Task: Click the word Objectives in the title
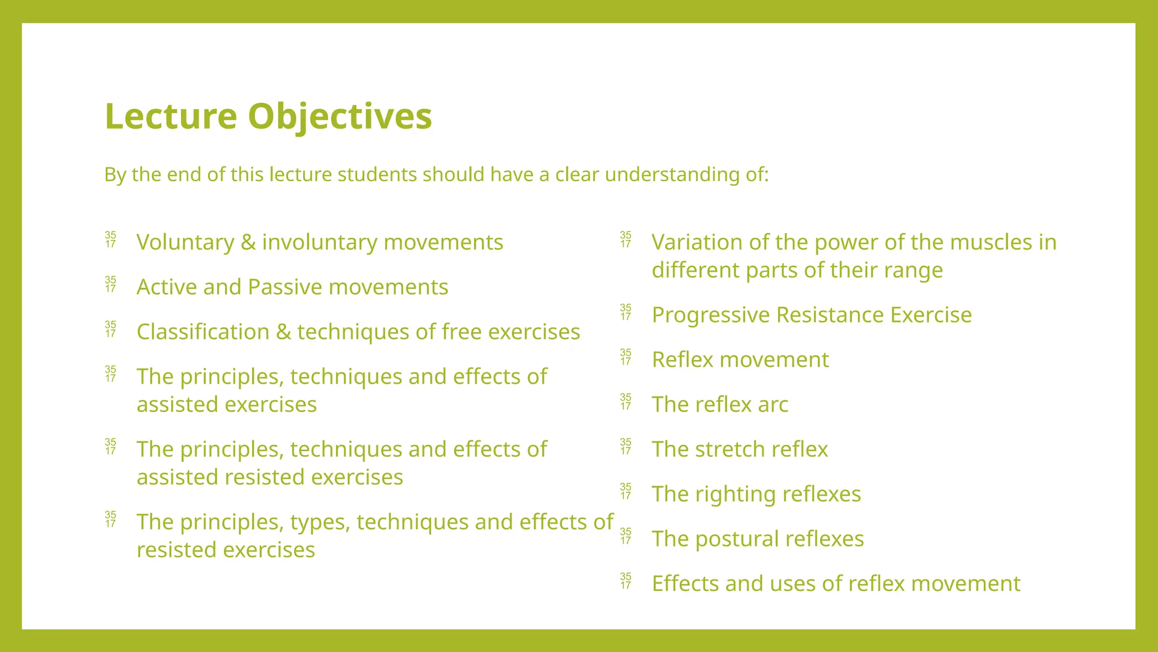339,117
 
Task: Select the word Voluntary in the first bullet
185,242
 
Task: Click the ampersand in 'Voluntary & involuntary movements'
248,242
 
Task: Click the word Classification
203,332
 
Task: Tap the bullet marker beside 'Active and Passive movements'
111,284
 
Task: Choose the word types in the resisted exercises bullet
320,522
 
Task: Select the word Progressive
711,315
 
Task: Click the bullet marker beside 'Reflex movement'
625,357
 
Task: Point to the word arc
772,405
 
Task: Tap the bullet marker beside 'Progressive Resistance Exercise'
625,312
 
